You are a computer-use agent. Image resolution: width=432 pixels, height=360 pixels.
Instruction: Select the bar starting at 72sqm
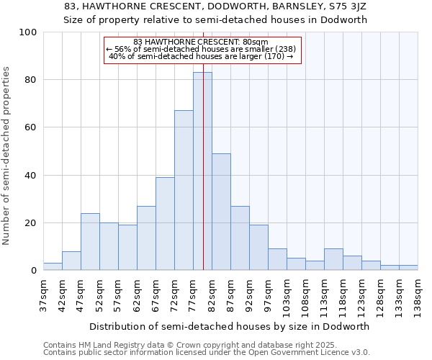tap(184, 191)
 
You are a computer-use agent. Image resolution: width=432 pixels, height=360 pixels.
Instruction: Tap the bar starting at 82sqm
tap(221, 212)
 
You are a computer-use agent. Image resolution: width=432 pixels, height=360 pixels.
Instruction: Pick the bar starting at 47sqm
tap(90, 242)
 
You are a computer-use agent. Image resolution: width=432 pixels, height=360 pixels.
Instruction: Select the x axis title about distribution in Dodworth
tap(230, 326)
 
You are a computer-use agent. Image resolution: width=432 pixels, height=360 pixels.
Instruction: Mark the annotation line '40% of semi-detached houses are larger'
tap(202, 56)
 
